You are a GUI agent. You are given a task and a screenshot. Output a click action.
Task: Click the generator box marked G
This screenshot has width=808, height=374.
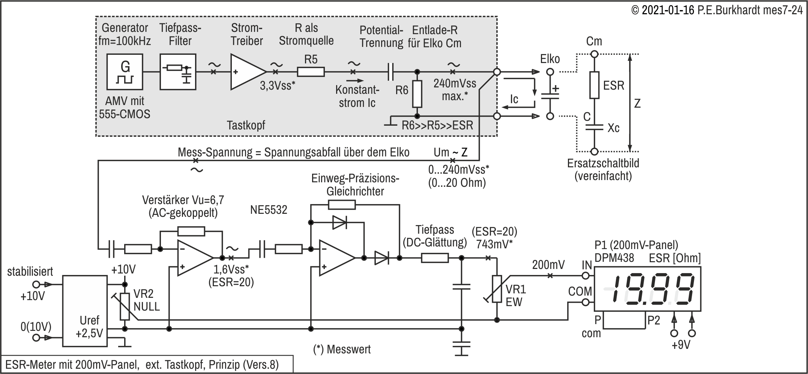125,72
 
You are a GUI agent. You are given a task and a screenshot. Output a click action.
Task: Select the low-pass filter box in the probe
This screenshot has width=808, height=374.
178,72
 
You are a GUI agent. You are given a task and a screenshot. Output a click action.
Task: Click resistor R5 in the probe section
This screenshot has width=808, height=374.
311,72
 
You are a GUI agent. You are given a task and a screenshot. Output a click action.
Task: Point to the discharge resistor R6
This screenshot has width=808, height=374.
417,94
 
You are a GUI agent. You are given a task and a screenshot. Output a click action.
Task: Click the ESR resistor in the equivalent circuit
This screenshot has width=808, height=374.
594,85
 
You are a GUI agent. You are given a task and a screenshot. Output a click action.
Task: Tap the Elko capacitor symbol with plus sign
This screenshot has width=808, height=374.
550,94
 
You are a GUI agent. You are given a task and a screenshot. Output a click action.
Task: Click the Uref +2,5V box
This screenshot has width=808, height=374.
84,311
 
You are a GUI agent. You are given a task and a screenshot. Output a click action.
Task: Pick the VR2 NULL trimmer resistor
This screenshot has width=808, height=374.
125,306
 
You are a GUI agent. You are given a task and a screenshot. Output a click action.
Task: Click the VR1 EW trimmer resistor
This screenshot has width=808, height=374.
497,289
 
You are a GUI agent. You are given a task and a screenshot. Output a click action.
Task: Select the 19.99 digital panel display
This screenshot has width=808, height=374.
647,288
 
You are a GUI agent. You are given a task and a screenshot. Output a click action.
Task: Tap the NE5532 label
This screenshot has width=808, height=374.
269,210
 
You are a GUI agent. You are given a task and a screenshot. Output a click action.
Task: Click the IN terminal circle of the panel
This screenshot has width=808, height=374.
586,276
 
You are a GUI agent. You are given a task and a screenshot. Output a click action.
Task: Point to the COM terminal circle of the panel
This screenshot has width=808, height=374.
586,302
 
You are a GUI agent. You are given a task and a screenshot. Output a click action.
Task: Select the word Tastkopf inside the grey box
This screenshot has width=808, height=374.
246,125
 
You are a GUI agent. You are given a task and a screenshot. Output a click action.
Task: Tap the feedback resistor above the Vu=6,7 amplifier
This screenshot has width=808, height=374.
191,231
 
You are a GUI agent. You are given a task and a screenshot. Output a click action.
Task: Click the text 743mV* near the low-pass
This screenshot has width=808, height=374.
494,244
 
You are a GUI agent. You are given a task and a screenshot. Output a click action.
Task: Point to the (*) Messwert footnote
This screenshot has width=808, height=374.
342,349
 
